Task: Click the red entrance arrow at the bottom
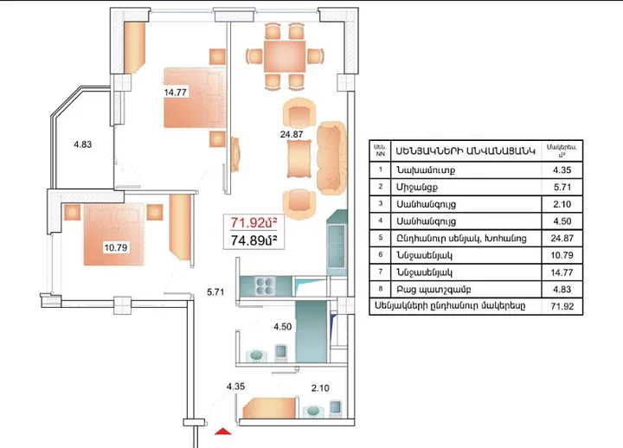(x=222, y=430)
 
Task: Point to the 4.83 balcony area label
(x=82, y=144)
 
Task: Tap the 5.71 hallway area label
(x=216, y=292)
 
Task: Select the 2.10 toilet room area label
(x=319, y=389)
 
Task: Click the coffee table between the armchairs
(x=298, y=157)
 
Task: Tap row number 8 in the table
(x=380, y=289)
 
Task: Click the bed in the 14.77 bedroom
(x=196, y=99)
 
